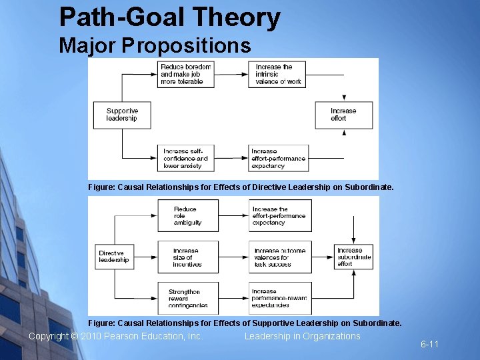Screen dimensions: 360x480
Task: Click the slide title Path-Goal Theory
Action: [169, 18]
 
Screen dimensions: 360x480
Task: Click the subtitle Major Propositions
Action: [155, 45]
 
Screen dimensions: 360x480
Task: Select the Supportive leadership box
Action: [122, 115]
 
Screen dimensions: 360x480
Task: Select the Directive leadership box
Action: [115, 257]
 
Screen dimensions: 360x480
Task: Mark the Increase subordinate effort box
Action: [355, 257]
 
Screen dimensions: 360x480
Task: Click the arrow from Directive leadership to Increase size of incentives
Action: [145, 257]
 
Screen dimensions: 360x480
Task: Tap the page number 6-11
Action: [429, 344]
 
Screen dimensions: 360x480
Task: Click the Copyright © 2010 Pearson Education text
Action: [115, 336]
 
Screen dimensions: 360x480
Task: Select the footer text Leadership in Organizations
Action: [302, 336]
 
